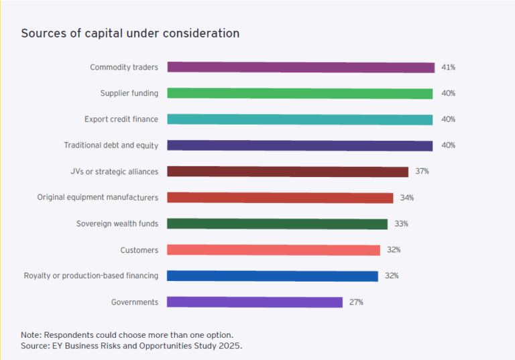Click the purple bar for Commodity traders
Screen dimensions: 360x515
pos(301,67)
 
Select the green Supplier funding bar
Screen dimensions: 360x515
pos(300,93)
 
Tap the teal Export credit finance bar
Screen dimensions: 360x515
pos(300,119)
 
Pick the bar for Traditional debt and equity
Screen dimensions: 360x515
pos(300,145)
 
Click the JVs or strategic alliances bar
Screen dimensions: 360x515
pos(288,172)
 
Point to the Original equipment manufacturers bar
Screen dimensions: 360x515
pos(280,198)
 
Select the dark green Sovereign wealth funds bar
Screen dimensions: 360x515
pos(277,224)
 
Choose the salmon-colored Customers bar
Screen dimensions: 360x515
pos(274,250)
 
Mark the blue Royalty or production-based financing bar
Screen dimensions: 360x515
pos(272,276)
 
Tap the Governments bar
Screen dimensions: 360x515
pos(255,302)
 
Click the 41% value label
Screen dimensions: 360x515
pos(448,67)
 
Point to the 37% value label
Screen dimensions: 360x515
pos(422,172)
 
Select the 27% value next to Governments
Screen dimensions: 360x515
pos(356,302)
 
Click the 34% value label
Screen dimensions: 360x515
pos(406,198)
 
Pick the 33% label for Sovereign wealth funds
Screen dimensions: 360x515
pos(401,224)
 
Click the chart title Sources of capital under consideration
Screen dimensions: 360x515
pos(130,33)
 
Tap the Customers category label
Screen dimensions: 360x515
pos(139,250)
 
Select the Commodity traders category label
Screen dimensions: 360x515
pos(124,67)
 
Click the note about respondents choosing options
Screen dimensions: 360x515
pos(127,334)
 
